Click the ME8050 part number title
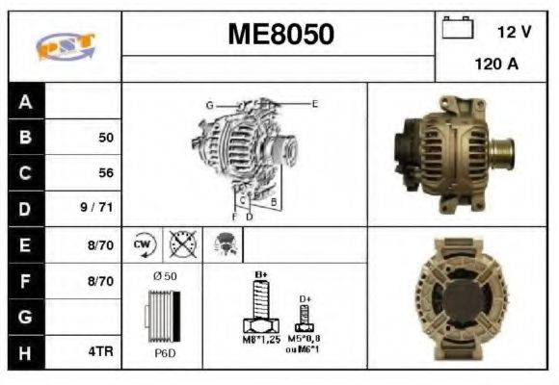tap(280, 35)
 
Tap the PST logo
tap(65, 45)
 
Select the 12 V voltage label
tap(514, 32)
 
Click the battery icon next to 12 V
tap(455, 29)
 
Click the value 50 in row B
tap(106, 138)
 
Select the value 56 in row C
tap(106, 173)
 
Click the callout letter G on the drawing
tap(208, 104)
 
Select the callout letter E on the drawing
tap(315, 102)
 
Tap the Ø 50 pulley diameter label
tap(164, 276)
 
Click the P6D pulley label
tap(164, 352)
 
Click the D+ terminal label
tap(305, 298)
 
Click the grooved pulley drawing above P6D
tap(162, 315)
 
